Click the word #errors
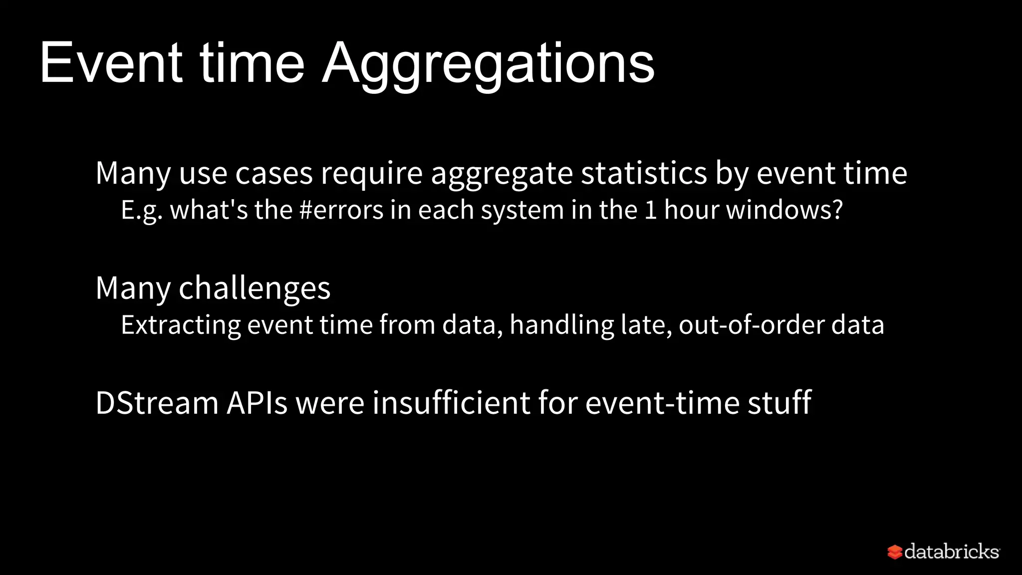pyautogui.click(x=341, y=210)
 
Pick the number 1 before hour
pyautogui.click(x=650, y=210)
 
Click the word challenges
pyautogui.click(x=255, y=288)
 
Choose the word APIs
pyautogui.click(x=257, y=403)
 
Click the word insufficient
pyautogui.click(x=451, y=403)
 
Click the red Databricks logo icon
pyautogui.click(x=895, y=552)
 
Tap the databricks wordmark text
pyautogui.click(x=952, y=552)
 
